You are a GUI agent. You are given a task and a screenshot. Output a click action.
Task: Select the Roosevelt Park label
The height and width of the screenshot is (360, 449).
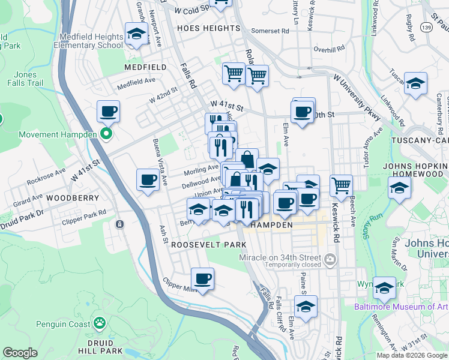tap(208, 245)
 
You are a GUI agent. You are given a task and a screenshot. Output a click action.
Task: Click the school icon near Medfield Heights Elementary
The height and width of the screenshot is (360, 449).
tap(136, 34)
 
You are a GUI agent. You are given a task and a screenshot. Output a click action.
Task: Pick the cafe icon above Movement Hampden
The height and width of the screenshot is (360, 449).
tap(108, 112)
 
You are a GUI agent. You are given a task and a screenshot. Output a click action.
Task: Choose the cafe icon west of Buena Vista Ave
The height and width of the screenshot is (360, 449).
tap(148, 179)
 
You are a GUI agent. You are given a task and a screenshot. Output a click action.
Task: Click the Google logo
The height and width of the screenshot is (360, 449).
tap(20, 353)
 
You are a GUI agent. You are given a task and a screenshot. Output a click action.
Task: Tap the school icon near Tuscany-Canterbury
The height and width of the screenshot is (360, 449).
tap(415, 85)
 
